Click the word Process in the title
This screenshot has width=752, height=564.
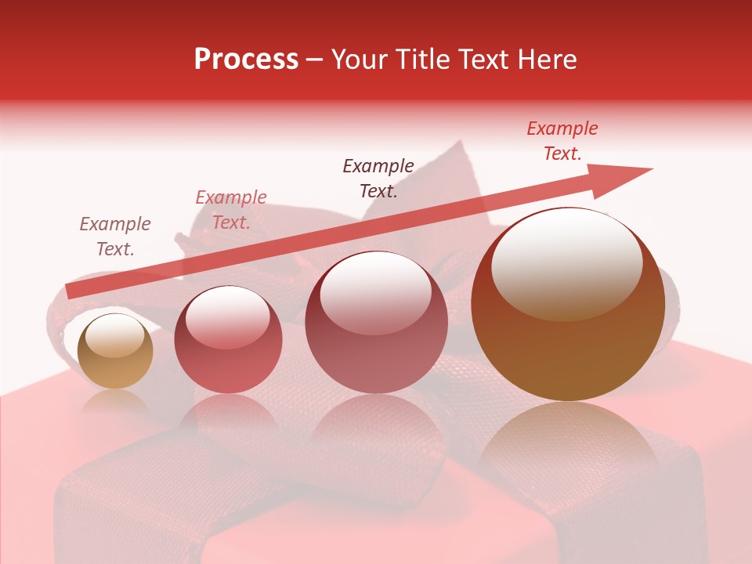click(246, 60)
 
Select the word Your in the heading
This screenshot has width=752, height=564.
click(359, 60)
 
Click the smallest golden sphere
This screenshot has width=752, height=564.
click(115, 352)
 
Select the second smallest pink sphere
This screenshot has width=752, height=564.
click(228, 340)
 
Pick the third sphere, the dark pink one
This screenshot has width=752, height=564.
click(377, 323)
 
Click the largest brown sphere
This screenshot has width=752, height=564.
click(568, 305)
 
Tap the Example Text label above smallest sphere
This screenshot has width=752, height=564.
click(115, 237)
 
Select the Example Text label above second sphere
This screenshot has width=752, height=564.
click(231, 210)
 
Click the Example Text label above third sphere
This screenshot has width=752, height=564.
click(378, 179)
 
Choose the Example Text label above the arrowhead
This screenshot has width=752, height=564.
click(562, 141)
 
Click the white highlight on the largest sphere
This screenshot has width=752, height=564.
click(567, 263)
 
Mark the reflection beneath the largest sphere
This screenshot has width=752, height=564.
click(568, 439)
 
